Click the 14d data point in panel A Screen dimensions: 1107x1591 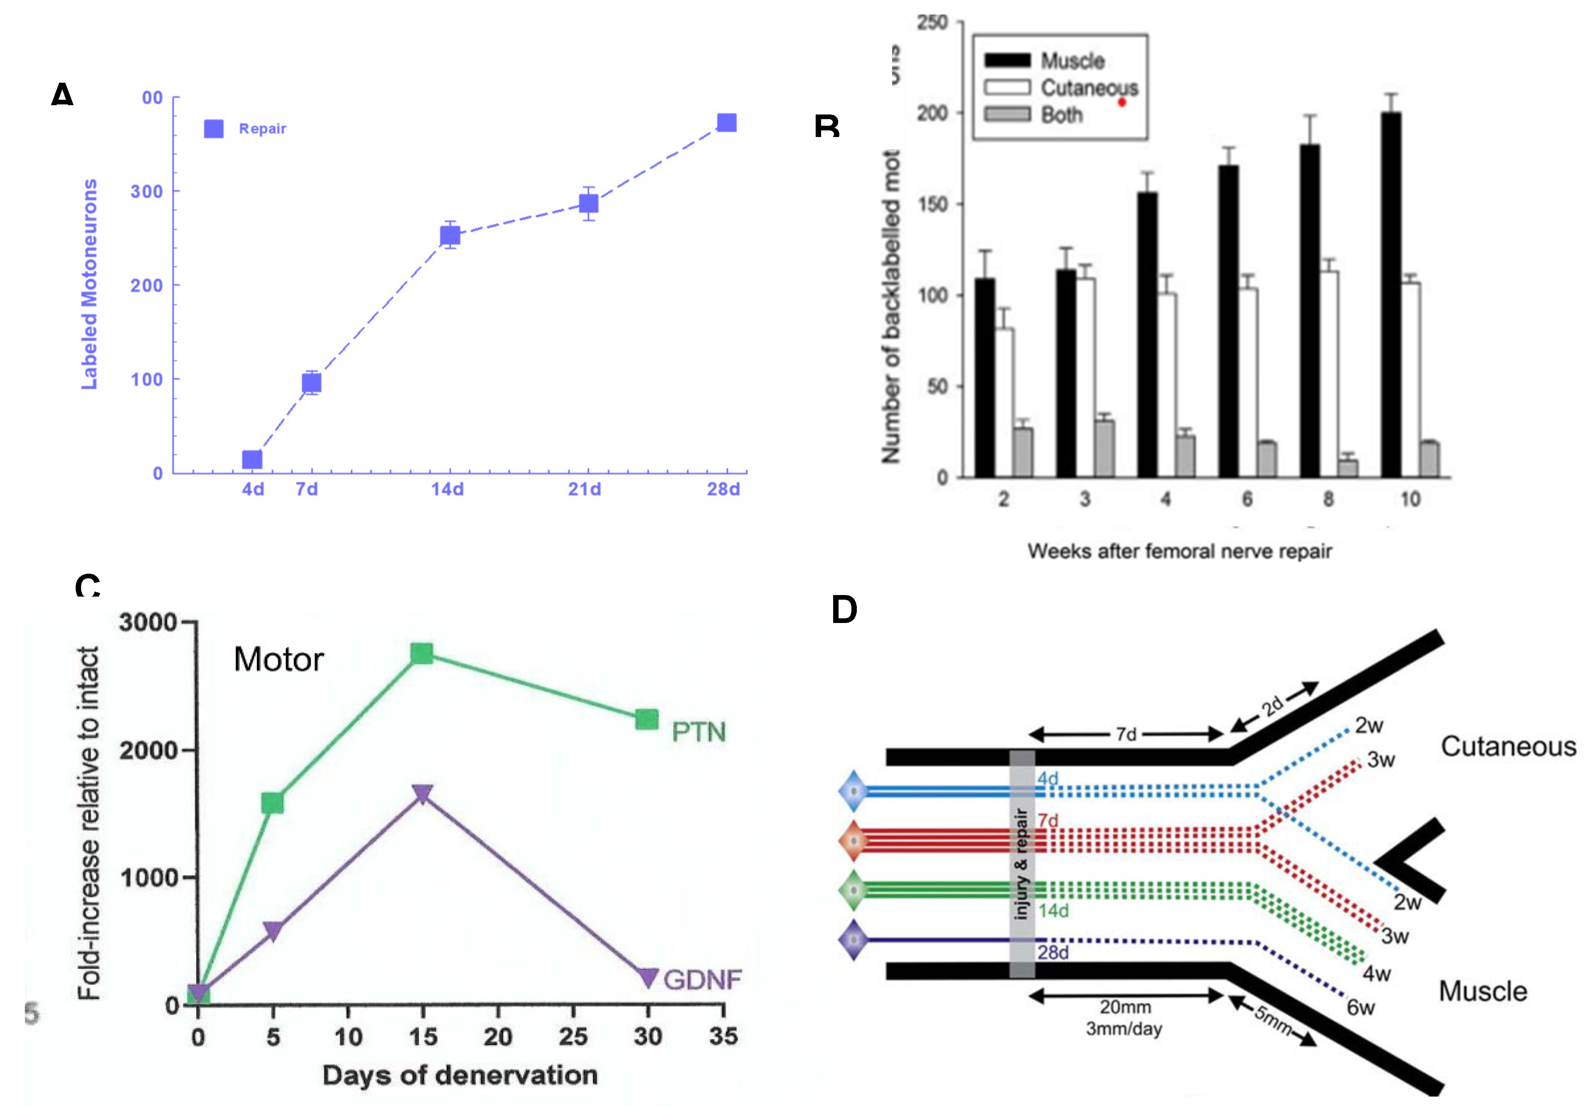click(450, 236)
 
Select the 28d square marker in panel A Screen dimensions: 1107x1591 click(726, 123)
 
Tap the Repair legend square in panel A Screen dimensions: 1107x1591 click(213, 129)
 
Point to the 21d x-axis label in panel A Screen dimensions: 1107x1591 click(584, 489)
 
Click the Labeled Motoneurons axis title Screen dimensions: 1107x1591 click(89, 284)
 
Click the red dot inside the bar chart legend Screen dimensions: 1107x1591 click(1122, 102)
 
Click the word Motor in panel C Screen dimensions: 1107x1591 click(279, 659)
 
